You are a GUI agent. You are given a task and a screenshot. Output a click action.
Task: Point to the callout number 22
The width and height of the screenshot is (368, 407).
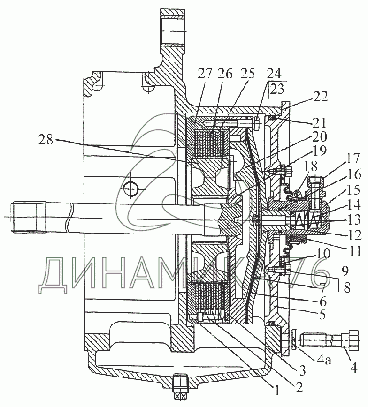(x=322, y=97)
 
